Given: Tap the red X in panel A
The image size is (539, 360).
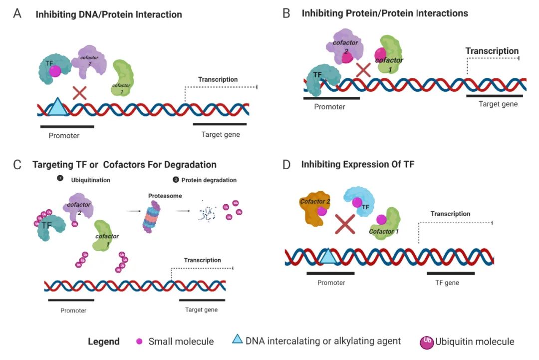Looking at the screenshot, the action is click(x=79, y=93).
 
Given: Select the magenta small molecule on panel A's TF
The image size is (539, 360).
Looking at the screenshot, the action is click(x=55, y=71).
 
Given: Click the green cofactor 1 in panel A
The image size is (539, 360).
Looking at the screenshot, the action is click(x=122, y=78).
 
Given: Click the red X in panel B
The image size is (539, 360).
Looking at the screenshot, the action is click(x=363, y=70).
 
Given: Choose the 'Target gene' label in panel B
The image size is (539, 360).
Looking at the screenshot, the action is click(x=498, y=104).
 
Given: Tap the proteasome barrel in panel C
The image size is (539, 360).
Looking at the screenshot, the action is click(x=151, y=217).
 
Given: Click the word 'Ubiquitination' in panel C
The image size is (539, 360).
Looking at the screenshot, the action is click(x=91, y=180).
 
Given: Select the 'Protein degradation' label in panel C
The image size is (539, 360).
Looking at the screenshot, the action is click(x=209, y=180).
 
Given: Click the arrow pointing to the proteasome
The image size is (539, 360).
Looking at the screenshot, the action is click(x=133, y=211).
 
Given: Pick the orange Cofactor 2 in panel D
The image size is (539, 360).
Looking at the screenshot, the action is click(x=315, y=209).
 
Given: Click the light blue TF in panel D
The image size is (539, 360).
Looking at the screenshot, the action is click(x=359, y=201).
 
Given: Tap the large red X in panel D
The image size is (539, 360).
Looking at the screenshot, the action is click(x=345, y=224).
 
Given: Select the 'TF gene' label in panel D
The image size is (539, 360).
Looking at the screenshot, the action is click(x=447, y=283).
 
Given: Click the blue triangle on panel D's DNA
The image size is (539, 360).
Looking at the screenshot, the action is click(x=328, y=257).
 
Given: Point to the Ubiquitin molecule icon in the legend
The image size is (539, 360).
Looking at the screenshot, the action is click(x=427, y=343).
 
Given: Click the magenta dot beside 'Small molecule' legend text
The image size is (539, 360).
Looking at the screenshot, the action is click(x=139, y=342).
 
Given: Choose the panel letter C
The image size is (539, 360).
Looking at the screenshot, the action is click(x=17, y=165).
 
